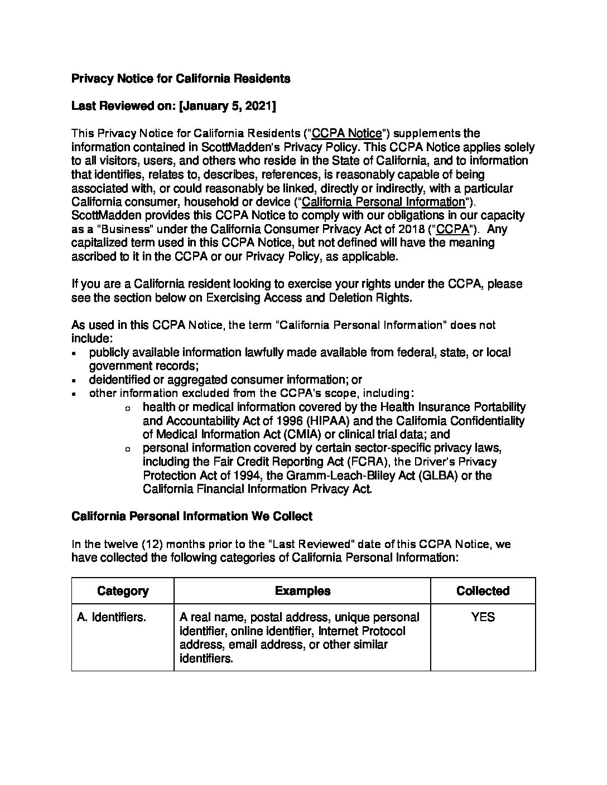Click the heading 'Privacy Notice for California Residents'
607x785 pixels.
click(x=181, y=79)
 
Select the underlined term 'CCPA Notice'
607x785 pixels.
click(x=346, y=134)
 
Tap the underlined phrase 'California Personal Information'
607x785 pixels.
click(x=383, y=202)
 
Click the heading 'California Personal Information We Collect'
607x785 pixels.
click(x=191, y=516)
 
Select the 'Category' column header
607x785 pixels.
click(x=123, y=591)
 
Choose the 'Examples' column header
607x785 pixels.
click(x=302, y=591)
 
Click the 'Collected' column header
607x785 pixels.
click(x=483, y=591)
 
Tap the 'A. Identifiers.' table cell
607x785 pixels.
click(x=112, y=618)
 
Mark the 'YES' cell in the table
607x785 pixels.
click(x=483, y=618)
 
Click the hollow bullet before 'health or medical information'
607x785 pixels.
click(x=128, y=409)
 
